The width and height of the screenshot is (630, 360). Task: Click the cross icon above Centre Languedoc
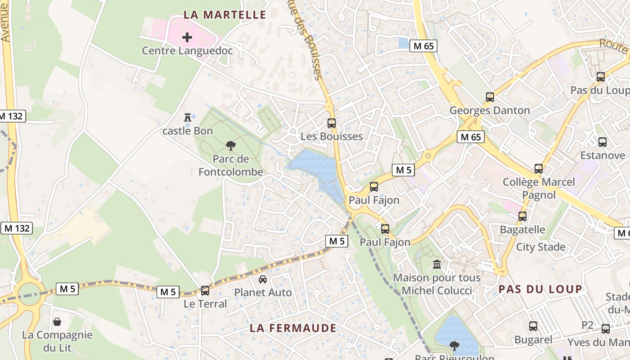tap(187, 37)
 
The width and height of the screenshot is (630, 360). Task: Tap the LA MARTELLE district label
tap(225, 15)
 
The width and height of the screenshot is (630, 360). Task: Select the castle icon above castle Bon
tap(188, 117)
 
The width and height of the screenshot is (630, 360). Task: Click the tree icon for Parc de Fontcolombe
tap(231, 145)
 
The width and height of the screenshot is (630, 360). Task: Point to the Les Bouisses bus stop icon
tap(332, 123)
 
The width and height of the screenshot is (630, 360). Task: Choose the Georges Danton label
tap(490, 110)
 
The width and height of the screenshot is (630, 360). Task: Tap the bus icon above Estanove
tap(603, 142)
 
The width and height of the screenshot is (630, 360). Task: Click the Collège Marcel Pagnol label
tap(539, 188)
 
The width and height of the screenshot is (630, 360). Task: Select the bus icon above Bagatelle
tap(522, 216)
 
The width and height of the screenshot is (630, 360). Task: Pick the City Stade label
tap(540, 247)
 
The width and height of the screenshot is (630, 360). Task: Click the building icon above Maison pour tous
tap(436, 264)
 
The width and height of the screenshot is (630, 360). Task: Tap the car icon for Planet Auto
tap(263, 279)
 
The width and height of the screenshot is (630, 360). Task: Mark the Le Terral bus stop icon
tap(205, 291)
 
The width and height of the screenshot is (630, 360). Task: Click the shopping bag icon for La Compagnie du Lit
tap(57, 322)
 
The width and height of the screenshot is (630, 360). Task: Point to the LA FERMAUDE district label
tap(293, 328)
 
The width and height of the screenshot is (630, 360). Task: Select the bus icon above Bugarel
tap(533, 326)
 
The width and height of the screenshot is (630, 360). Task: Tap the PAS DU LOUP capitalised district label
tap(540, 289)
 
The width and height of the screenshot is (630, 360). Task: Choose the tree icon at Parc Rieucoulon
tap(454, 346)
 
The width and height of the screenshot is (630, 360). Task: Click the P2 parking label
tap(588, 325)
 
